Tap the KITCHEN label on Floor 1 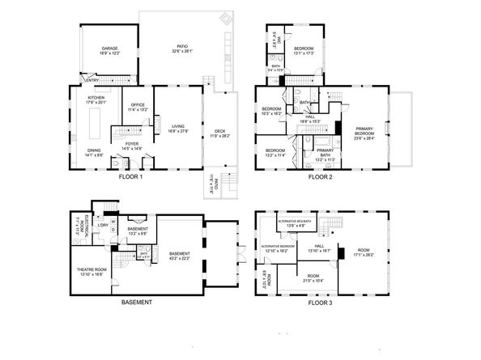click(96, 98)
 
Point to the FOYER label click(131, 145)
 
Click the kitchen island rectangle click(94, 126)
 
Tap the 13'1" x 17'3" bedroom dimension click(304, 53)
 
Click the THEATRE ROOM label click(92, 269)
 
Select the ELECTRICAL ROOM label click(75, 226)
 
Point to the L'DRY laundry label click(103, 224)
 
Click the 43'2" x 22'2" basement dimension click(180, 258)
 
